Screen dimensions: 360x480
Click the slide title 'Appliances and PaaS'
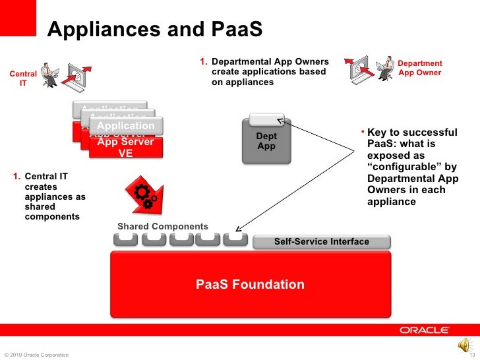point(155,30)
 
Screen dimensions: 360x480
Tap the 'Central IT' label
point(22,79)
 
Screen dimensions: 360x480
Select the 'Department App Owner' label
point(420,68)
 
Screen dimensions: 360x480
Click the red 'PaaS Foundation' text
point(250,285)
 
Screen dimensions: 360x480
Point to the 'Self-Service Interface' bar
point(321,241)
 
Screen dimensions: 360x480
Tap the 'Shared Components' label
point(162,227)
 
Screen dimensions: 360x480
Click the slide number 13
point(471,355)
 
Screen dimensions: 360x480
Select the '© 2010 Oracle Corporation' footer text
point(36,355)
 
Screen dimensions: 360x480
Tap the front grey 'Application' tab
point(125,126)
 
